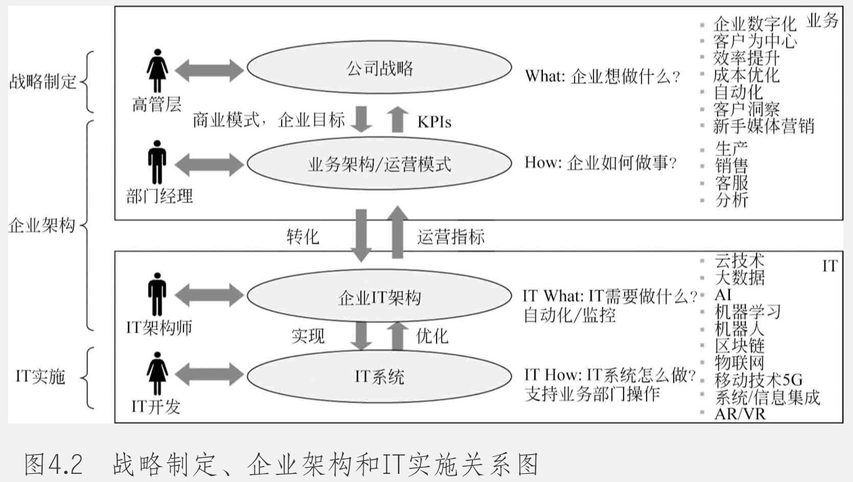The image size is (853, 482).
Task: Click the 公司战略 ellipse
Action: coord(379,68)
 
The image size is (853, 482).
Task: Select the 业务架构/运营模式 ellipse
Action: coord(379,164)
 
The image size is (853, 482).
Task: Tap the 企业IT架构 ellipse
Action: coord(379,298)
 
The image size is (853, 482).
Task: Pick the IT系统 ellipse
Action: coord(379,376)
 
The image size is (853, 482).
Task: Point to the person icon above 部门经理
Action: coord(158,162)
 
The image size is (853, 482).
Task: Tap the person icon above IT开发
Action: coord(158,373)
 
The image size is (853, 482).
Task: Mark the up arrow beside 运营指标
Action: coord(397,232)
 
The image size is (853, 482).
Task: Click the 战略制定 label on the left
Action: coord(43,82)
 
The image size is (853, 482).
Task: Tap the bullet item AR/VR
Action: coord(740,414)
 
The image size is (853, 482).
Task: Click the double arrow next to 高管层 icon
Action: coord(209,70)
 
